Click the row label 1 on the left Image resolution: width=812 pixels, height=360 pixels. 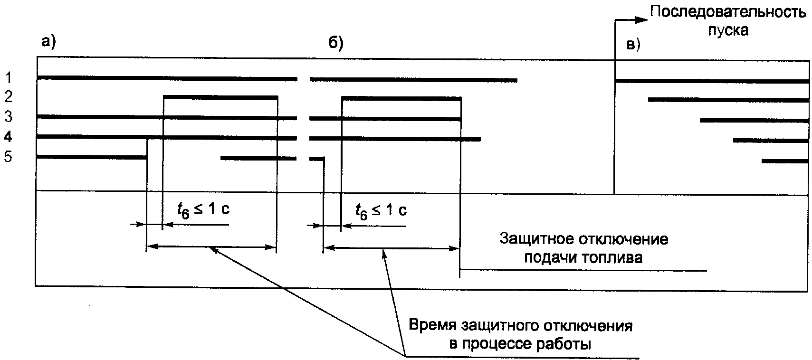8,76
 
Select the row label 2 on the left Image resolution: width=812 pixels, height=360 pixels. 8,97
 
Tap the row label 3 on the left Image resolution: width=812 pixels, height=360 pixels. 8,117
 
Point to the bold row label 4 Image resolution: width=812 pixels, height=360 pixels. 8,137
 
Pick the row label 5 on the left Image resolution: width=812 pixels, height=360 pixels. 8,157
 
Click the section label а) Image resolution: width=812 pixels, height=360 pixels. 48,42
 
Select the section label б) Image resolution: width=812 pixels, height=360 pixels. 336,43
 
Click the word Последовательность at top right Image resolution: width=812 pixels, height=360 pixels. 727,12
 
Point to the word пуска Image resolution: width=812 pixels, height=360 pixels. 728,30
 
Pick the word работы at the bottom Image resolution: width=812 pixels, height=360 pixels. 562,343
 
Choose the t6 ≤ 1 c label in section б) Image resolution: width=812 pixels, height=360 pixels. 381,210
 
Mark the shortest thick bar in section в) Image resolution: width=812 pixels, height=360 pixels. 785,161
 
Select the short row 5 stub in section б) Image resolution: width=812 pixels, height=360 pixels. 316,159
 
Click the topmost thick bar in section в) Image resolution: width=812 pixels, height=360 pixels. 712,81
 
